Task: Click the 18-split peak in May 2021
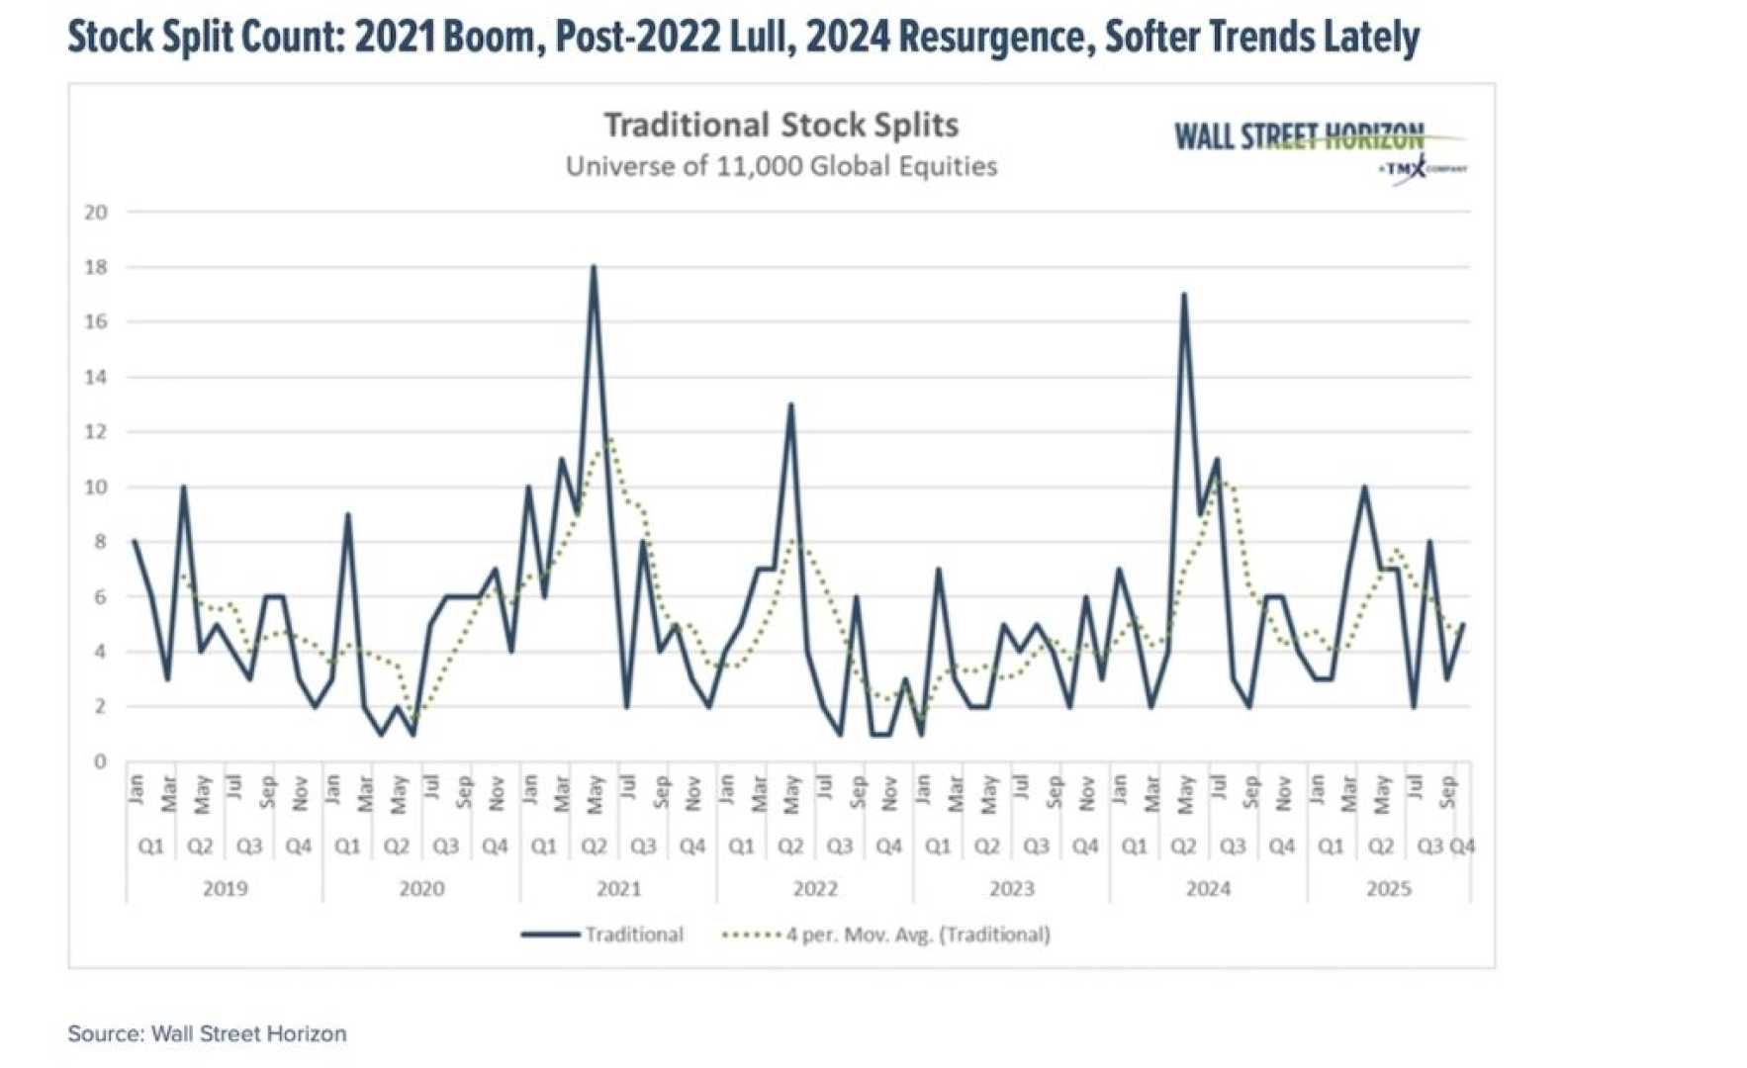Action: pos(594,267)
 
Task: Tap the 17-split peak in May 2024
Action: pos(1183,295)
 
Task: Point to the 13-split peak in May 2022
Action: pos(790,404)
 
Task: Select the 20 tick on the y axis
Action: pos(96,212)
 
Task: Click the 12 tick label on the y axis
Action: pos(96,432)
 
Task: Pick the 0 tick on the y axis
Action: pos(100,761)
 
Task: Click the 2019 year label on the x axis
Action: pos(225,888)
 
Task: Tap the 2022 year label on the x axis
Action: pos(815,888)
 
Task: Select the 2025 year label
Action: pos(1388,888)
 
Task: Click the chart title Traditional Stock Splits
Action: pos(781,126)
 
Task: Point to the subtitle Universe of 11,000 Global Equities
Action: pos(781,166)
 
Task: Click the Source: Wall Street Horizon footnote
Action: pos(207,1033)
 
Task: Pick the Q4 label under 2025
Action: pos(1461,846)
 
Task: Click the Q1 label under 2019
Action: pos(150,846)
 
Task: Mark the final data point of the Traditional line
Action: pos(1462,625)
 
